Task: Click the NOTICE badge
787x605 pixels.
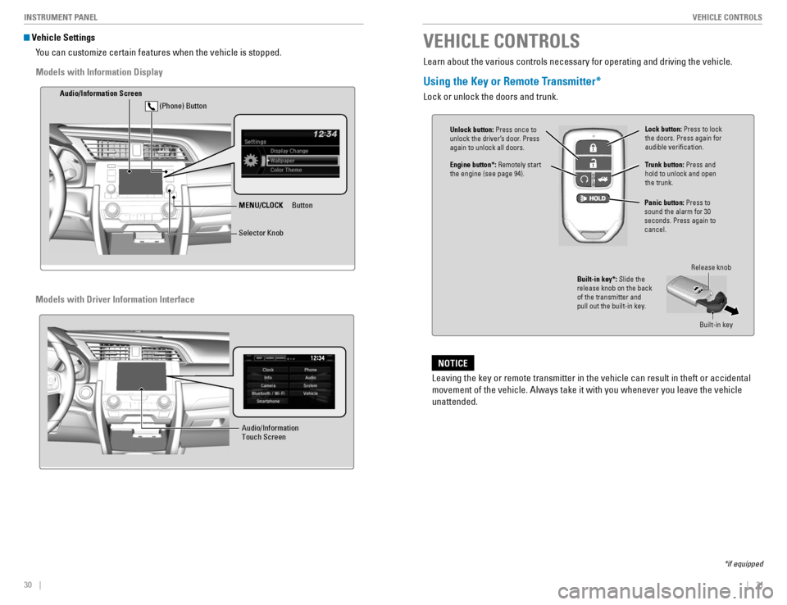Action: (453, 363)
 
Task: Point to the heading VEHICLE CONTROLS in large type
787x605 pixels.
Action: (501, 41)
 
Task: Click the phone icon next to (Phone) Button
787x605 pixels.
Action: (151, 106)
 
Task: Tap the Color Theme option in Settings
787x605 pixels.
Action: (286, 171)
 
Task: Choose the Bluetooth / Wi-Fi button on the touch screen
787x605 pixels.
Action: (267, 393)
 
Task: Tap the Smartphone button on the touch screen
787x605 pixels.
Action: (267, 402)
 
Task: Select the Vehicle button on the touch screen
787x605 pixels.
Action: (310, 393)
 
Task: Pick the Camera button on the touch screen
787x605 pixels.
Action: (267, 385)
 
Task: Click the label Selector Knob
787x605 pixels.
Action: (261, 234)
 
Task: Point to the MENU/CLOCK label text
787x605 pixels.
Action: (261, 205)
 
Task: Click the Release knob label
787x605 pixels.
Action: (710, 268)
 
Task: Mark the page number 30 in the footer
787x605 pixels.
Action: (28, 585)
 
